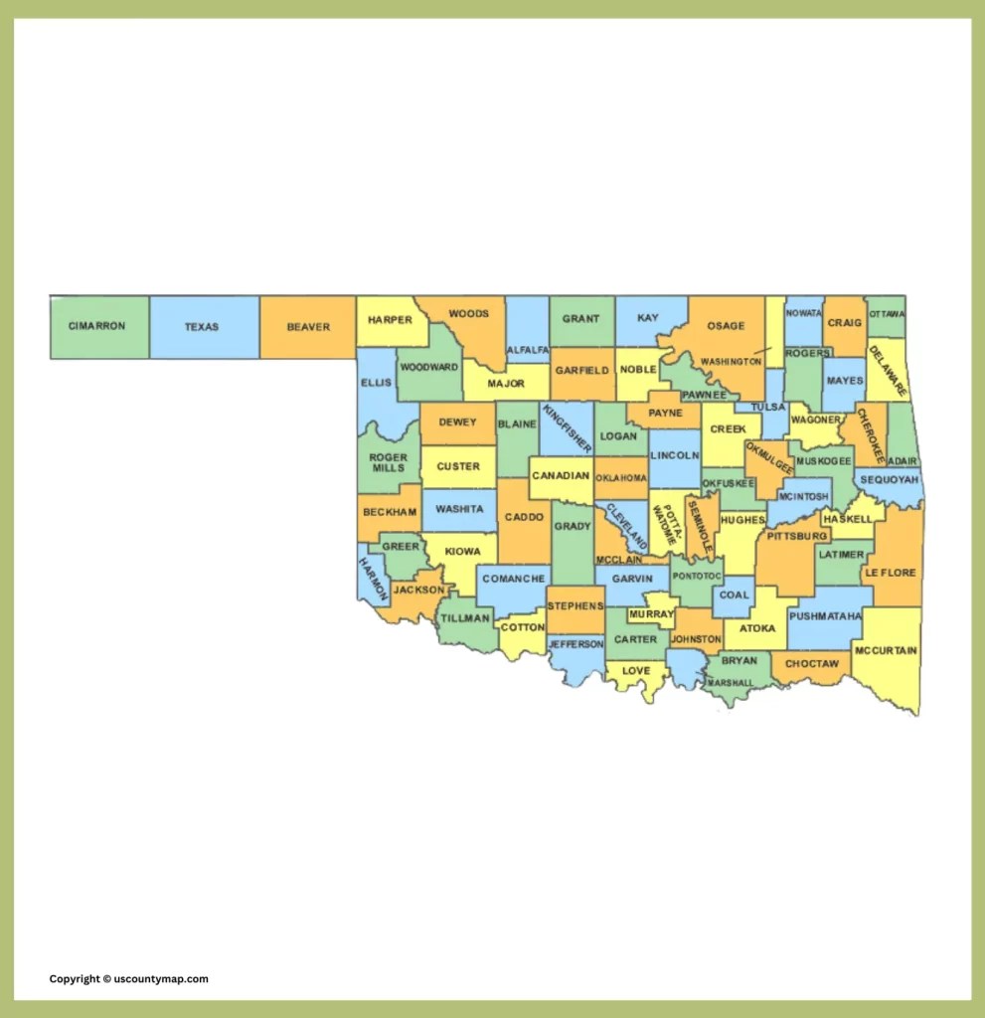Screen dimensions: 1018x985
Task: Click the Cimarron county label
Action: pos(96,326)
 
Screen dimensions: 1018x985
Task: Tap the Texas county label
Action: pos(201,327)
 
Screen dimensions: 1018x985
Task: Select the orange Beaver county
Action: pos(307,327)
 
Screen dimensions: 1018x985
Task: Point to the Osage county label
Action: pos(726,326)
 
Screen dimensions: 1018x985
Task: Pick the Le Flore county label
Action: pos(890,574)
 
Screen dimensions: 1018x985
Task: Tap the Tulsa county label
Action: pos(767,408)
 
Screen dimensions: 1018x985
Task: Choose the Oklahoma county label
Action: pos(621,478)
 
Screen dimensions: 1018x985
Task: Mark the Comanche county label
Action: pos(514,579)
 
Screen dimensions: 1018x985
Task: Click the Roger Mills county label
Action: pos(389,463)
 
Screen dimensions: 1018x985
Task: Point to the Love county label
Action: pos(635,671)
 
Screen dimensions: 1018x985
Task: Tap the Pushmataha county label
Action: pos(825,616)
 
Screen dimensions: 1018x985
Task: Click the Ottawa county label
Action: pos(887,315)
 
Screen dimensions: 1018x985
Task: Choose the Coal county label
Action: pos(734,595)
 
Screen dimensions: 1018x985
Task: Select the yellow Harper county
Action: pos(390,320)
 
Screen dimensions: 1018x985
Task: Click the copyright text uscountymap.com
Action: pos(129,979)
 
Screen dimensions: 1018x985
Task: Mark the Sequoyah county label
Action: pos(888,479)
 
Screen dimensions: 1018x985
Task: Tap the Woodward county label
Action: pos(429,367)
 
